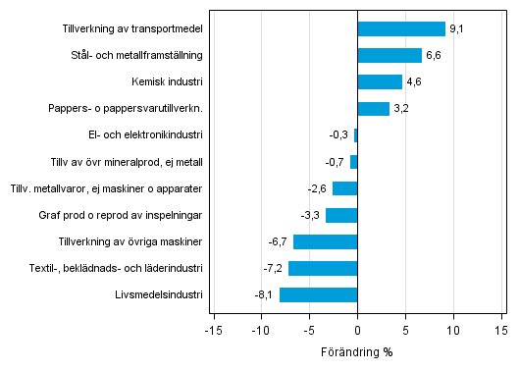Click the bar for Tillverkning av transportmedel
(x=401, y=29)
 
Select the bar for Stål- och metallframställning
(x=389, y=56)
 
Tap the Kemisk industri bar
(x=380, y=82)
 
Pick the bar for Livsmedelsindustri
(x=319, y=294)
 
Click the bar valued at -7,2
(x=323, y=268)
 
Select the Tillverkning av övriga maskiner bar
(x=325, y=241)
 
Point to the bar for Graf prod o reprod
(x=341, y=215)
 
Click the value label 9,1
(x=456, y=29)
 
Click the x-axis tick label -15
(x=212, y=331)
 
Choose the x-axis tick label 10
(x=453, y=331)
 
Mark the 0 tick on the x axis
(x=357, y=331)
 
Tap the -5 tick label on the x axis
(x=308, y=331)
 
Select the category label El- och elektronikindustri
(x=145, y=135)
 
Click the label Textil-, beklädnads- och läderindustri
(x=131, y=268)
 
